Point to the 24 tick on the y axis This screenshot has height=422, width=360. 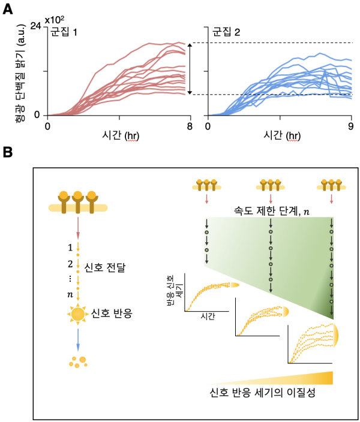(x=35, y=27)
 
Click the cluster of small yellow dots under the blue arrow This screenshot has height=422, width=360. (x=78, y=361)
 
